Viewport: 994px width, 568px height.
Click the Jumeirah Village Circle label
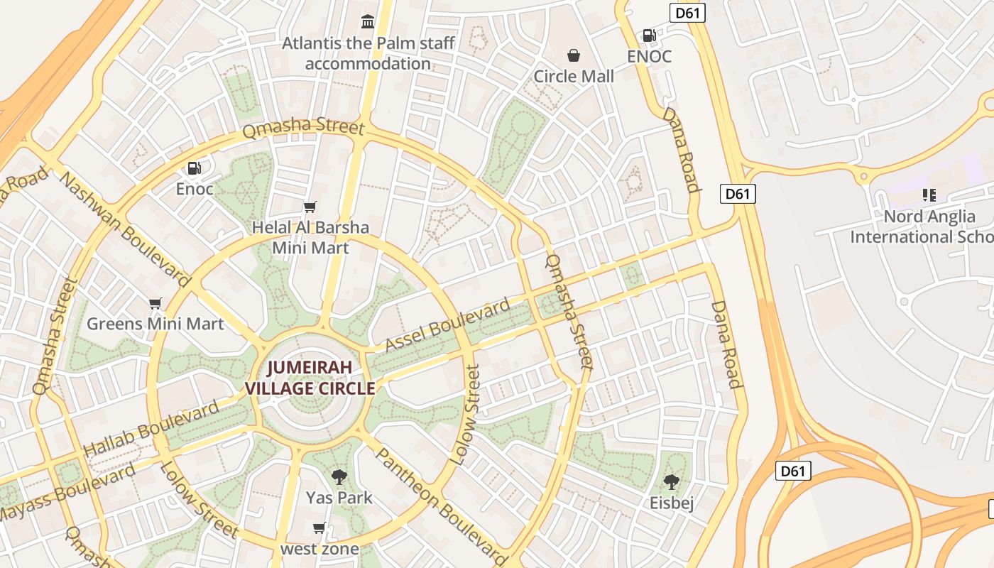(310, 378)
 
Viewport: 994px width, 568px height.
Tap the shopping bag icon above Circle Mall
(573, 55)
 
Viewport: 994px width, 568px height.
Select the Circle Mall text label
(573, 77)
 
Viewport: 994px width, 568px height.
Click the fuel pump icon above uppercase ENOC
(649, 35)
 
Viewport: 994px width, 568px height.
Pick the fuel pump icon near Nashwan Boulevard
(194, 168)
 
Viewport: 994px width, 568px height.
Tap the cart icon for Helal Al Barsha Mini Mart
(310, 207)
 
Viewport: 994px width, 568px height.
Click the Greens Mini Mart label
(155, 324)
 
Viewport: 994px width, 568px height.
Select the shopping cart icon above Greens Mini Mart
(155, 303)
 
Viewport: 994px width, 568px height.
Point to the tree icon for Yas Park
(339, 476)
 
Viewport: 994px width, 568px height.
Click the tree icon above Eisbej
(671, 482)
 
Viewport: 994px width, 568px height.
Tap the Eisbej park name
(671, 503)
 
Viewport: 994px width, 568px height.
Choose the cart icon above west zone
(319, 528)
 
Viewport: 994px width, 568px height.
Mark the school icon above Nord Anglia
(929, 195)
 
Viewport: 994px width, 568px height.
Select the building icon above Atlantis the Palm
(368, 22)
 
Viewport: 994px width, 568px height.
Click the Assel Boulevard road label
(447, 326)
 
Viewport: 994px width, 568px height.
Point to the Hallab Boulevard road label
(151, 430)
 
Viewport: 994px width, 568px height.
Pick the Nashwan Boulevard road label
(126, 229)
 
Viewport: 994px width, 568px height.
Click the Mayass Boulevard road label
(67, 492)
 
